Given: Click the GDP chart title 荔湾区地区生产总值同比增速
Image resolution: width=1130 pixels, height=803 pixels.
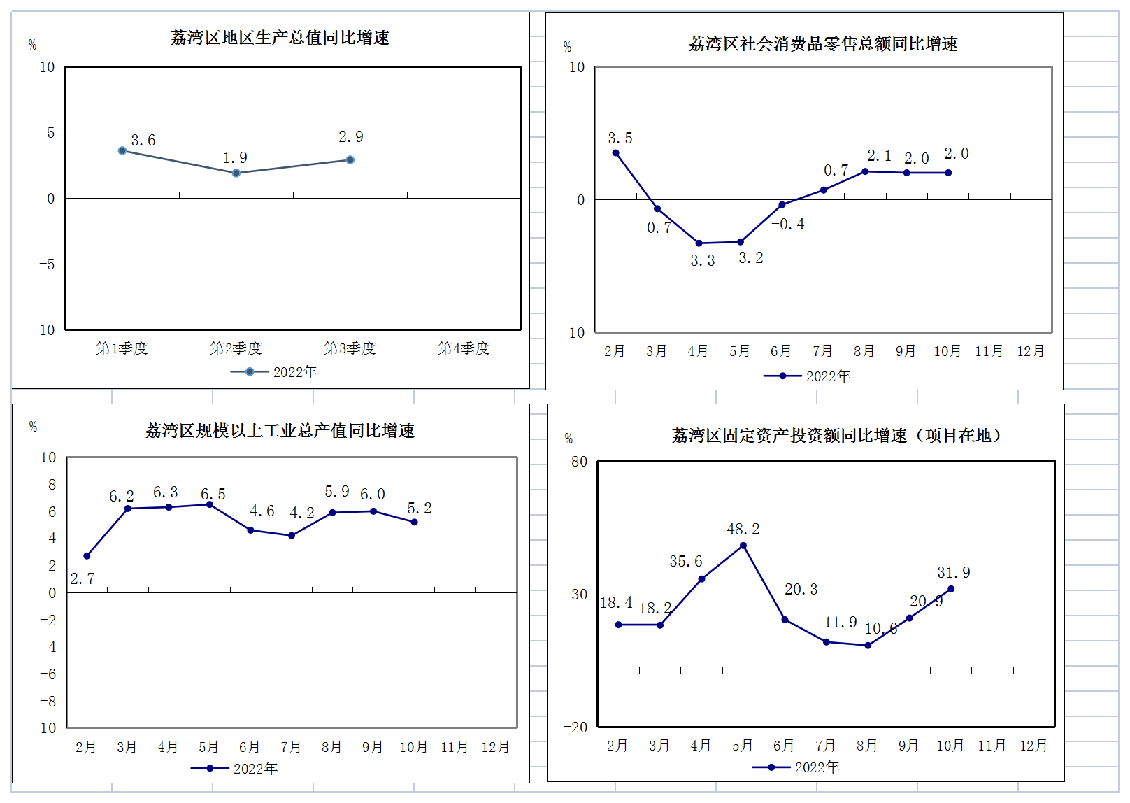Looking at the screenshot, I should coord(280,38).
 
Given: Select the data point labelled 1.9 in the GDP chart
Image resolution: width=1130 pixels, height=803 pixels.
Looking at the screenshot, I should coord(236,173).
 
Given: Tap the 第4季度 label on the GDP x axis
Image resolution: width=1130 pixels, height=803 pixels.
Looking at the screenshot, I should coord(464,348).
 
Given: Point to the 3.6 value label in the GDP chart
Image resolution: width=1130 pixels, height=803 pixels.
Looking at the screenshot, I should coord(143,141).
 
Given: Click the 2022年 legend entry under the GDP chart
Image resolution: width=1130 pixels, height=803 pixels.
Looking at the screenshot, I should coord(274,372).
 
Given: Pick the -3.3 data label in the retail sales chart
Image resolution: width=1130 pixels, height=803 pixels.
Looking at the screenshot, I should coord(699,261).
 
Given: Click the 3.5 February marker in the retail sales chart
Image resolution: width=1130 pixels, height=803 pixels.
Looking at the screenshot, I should coord(615,153).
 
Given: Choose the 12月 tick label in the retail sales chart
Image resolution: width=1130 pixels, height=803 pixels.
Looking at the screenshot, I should coord(1030,351).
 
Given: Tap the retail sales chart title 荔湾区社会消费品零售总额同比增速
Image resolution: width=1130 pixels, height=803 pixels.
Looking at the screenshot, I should coord(823,44).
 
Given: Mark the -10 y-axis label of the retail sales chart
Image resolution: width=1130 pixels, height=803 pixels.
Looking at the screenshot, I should coord(573,333).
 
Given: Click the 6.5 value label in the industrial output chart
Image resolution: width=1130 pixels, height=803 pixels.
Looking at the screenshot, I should coord(213,495).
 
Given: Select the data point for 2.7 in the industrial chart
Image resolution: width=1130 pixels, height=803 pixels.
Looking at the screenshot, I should coord(87,556).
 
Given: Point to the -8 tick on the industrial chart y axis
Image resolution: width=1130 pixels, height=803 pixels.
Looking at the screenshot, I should coord(48,701).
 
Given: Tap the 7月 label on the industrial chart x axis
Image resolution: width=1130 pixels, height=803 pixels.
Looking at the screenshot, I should coord(290,747).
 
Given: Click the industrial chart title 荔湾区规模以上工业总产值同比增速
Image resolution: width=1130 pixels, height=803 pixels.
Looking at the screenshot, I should coord(280,431).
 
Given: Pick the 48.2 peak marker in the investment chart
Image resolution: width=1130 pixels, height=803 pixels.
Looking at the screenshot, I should coord(743,546).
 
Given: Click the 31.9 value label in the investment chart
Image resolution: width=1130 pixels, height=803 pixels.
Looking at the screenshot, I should coord(954,573).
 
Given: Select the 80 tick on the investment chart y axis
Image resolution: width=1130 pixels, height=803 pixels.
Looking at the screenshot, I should coord(579,462).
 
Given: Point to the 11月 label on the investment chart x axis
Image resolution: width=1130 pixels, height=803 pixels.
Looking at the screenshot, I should coord(992,746).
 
